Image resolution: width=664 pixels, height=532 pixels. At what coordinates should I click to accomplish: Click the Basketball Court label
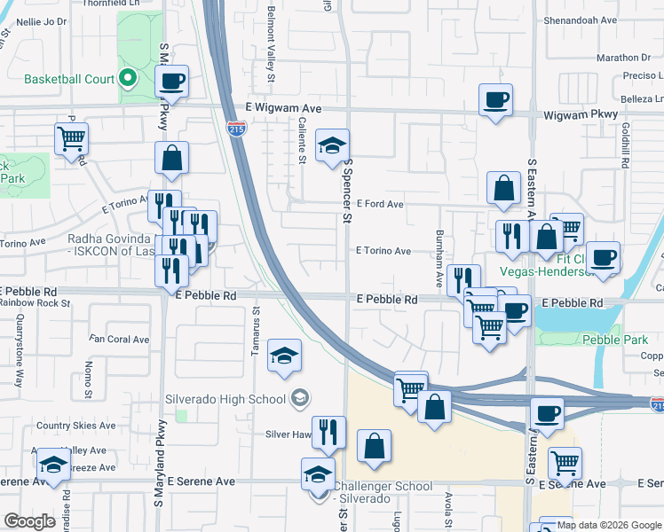(x=69, y=79)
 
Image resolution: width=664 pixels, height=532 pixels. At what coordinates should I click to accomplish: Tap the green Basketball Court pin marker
(x=128, y=79)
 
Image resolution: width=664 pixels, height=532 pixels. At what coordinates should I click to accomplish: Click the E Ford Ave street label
(x=380, y=204)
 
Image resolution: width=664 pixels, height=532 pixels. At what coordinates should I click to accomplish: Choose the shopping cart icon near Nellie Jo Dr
(x=71, y=137)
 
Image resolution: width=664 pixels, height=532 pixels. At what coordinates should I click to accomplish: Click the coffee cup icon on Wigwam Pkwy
(x=495, y=98)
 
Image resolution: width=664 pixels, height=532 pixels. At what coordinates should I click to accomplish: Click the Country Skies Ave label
(x=76, y=426)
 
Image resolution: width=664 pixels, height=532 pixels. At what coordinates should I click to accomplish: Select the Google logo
(x=29, y=521)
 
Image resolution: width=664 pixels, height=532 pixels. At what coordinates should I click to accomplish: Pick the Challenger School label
(x=383, y=487)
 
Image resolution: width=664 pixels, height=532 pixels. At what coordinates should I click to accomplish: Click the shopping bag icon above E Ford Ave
(x=503, y=187)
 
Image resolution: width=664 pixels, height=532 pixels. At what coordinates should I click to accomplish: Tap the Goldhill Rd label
(x=626, y=146)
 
